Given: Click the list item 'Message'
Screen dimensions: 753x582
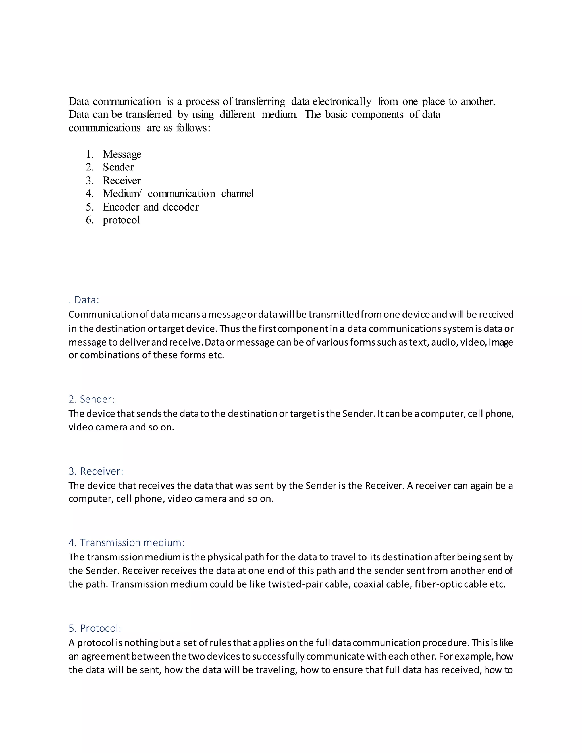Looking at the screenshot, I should click(x=122, y=154).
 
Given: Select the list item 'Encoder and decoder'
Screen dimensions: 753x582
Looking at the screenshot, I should click(x=151, y=207).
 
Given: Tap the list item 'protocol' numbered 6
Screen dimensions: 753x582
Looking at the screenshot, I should click(x=121, y=220).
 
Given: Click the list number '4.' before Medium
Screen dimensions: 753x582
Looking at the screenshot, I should click(x=90, y=194).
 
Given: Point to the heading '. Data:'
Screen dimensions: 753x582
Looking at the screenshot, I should click(x=84, y=300).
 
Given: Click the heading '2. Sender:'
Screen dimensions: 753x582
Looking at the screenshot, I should click(x=92, y=399).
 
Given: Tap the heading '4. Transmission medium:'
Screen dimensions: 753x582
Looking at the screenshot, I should click(x=126, y=542).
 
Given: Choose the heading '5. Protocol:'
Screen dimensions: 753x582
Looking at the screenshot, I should click(x=95, y=628).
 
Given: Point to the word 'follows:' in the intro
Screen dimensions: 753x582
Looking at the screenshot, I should click(x=193, y=128).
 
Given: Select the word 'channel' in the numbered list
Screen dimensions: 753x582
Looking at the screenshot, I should click(x=238, y=194).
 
